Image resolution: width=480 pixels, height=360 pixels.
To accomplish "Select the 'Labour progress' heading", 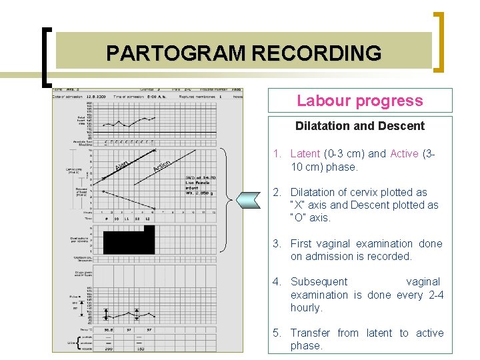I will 359,101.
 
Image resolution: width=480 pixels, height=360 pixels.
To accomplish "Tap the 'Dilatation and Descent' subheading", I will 359,126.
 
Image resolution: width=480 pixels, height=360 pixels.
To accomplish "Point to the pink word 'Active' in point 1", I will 404,154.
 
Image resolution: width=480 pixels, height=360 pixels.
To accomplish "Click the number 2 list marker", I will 276,193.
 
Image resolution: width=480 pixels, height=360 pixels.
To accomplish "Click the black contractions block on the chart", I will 128,239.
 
